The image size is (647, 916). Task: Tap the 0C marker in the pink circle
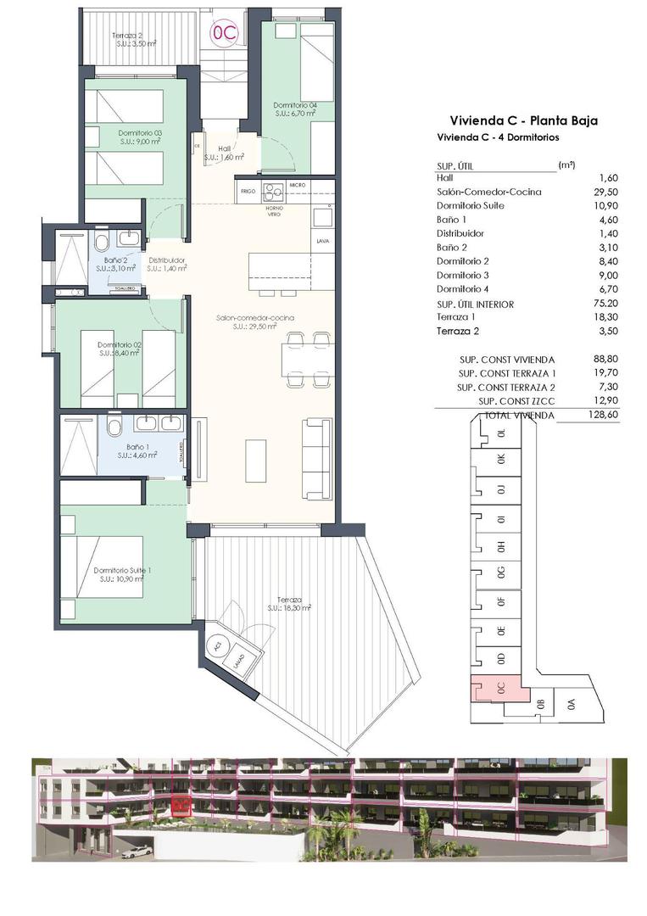[226, 33]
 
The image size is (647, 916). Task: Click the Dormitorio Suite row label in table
[472, 205]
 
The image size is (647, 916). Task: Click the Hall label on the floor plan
[226, 148]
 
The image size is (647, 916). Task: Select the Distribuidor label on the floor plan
[167, 260]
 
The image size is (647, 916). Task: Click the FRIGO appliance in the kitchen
[247, 191]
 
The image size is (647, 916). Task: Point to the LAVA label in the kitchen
[322, 241]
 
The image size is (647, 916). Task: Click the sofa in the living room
[316, 458]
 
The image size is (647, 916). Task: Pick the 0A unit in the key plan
[571, 703]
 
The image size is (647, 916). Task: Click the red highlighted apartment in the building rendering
[181, 804]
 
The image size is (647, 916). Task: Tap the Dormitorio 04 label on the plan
[295, 107]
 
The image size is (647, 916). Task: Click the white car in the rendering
[137, 849]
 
